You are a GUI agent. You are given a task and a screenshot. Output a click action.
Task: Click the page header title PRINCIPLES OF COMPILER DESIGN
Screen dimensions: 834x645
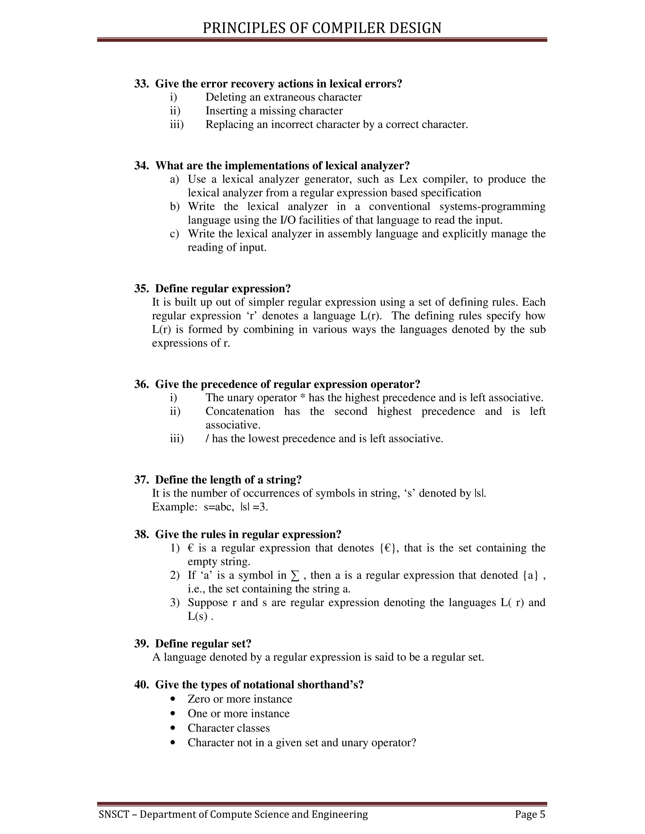tap(322, 28)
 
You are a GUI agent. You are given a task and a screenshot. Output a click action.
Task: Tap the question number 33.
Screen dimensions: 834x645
tap(141, 84)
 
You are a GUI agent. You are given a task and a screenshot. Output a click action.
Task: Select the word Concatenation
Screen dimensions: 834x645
tap(240, 411)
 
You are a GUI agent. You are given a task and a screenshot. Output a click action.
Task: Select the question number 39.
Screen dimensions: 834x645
tap(141, 644)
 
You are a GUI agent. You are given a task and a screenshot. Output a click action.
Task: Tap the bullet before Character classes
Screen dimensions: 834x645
tap(174, 728)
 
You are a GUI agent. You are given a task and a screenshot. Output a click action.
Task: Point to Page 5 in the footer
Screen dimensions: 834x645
tap(530, 814)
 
